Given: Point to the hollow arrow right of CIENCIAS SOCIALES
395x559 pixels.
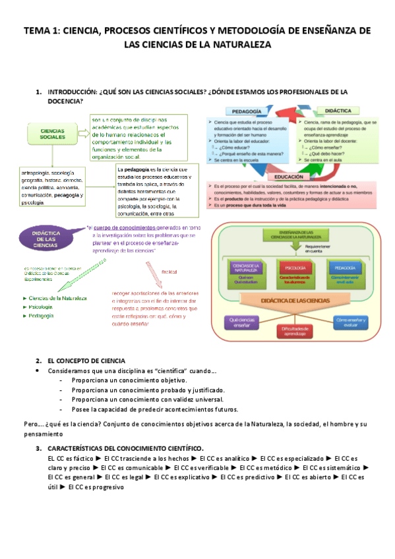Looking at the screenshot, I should (81, 134).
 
